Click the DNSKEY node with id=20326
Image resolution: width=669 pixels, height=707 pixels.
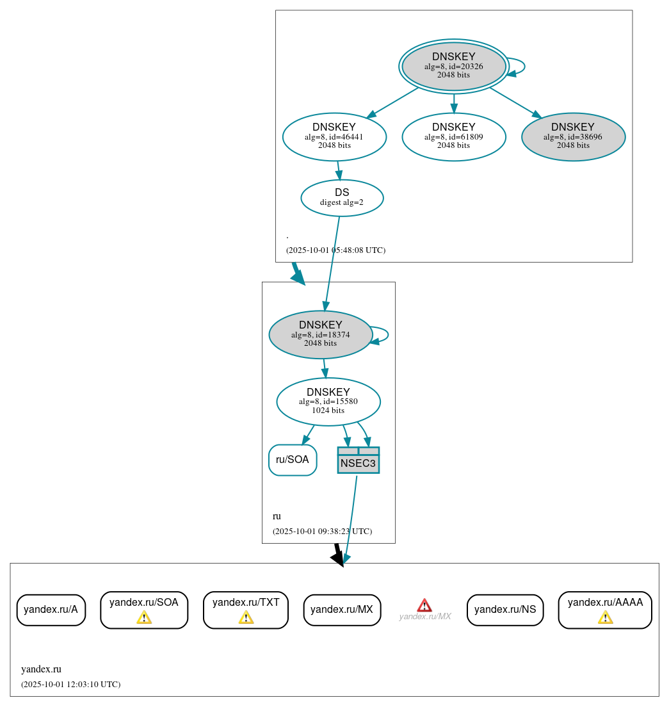pos(453,66)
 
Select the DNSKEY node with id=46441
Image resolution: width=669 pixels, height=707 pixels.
pos(334,136)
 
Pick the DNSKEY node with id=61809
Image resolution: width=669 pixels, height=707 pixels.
pos(453,136)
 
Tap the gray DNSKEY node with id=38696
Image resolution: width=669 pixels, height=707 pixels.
pos(573,136)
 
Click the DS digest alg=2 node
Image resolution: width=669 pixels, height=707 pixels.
pos(342,197)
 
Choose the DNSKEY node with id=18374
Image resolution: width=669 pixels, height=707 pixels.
pos(320,334)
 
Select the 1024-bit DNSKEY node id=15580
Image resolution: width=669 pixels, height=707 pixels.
pos(328,402)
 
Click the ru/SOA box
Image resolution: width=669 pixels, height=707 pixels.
pos(293,460)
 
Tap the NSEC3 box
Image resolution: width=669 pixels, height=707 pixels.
pos(358,460)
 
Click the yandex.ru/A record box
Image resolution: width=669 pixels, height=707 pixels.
pos(51,610)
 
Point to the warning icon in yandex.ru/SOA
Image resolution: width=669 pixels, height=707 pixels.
pos(144,617)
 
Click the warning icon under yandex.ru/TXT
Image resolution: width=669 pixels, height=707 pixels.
pos(246,617)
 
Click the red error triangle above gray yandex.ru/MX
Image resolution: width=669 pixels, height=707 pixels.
pos(424,605)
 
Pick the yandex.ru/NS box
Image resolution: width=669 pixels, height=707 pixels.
pos(505,610)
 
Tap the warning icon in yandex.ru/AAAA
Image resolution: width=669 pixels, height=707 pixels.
pos(605,617)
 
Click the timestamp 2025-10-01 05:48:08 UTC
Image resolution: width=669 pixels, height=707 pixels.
pos(335,250)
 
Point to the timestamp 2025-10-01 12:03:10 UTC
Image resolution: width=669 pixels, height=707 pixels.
pos(70,685)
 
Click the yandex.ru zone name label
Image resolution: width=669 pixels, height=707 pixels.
pos(41,669)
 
